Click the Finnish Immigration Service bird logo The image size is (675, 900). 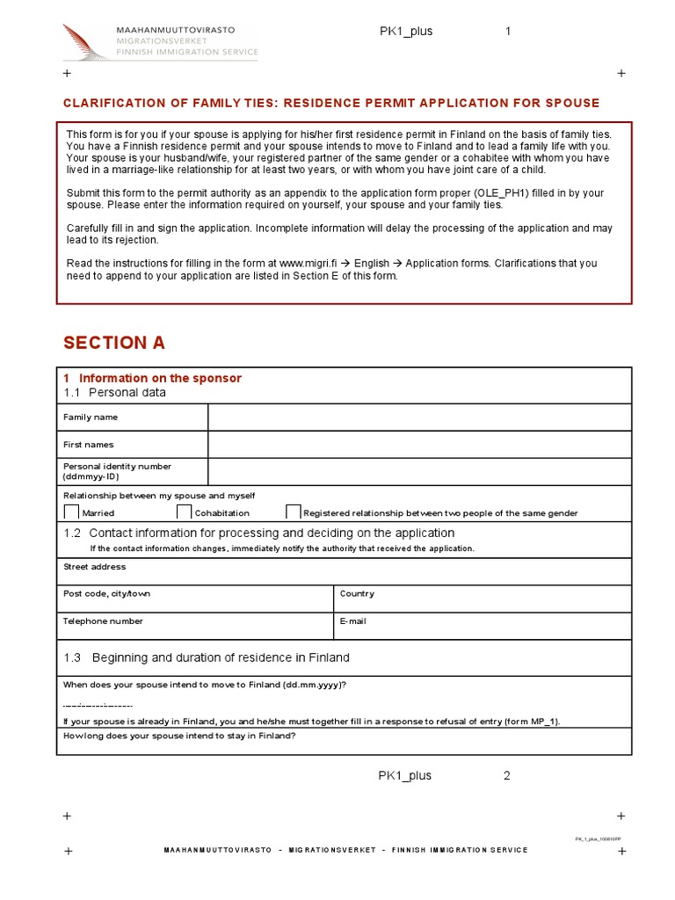pos(87,41)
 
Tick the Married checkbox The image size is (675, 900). pos(71,512)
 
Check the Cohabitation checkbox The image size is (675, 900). pos(184,512)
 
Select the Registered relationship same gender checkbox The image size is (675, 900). pos(294,512)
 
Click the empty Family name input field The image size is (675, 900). pos(419,417)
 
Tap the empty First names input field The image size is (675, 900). pos(419,445)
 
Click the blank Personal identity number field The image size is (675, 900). pos(419,472)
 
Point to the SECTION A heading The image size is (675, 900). pos(114,343)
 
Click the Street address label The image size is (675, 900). pos(95,567)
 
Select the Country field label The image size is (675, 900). pos(357,594)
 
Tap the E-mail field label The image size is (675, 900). pos(353,621)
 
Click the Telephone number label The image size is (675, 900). pos(103,621)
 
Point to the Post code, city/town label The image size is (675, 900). pos(107,594)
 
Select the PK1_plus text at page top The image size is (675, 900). pos(406,32)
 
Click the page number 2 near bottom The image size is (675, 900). pos(507,775)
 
